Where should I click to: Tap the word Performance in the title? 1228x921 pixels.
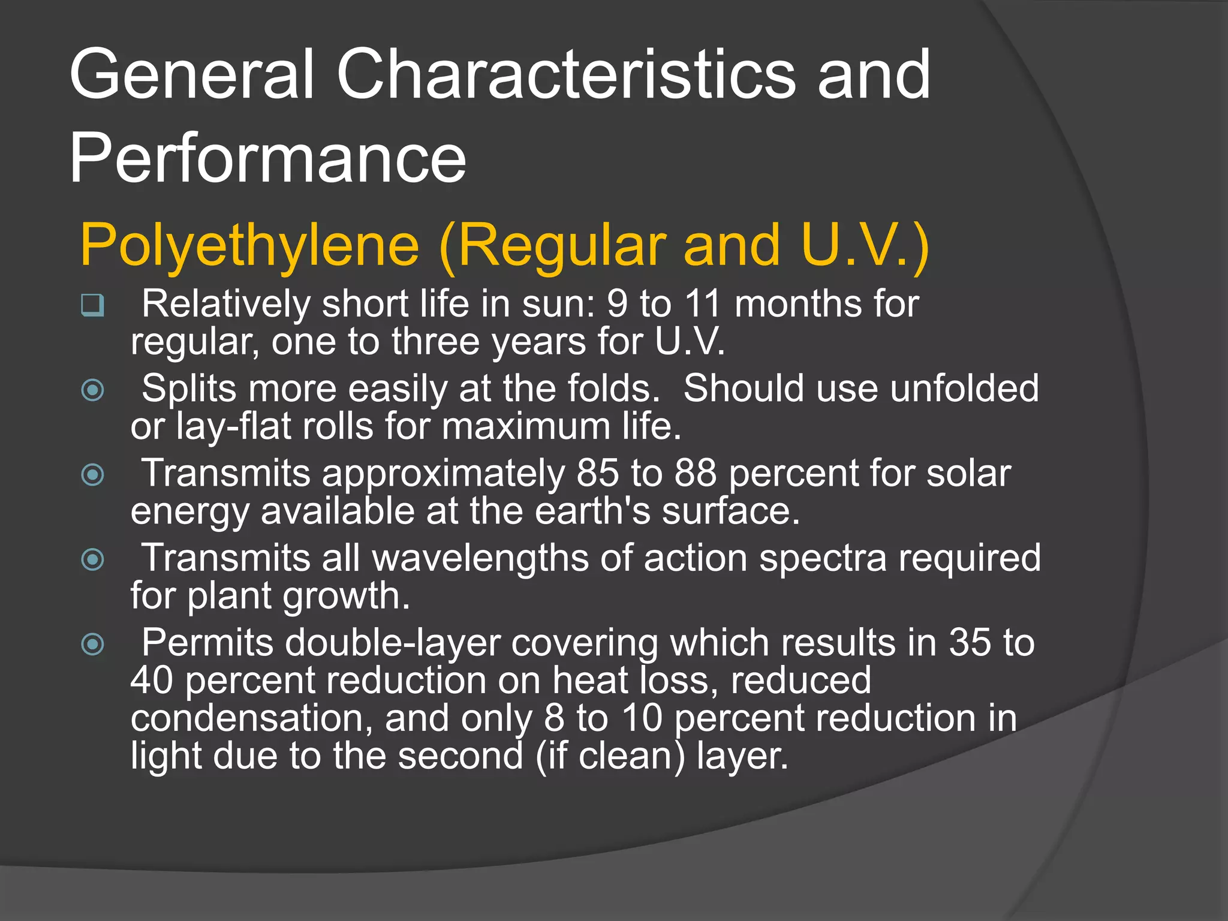267,158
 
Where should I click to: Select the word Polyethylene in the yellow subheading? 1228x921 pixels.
249,246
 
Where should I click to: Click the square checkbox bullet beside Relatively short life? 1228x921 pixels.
92,305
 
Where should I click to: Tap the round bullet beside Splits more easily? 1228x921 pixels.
92,390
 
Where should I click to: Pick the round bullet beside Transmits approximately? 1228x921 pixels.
92,475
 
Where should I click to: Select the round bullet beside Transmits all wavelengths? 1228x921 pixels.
92,560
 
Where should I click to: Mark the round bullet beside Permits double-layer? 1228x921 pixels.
92,645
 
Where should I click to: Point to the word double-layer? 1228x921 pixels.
392,643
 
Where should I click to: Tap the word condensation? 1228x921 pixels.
252,718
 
